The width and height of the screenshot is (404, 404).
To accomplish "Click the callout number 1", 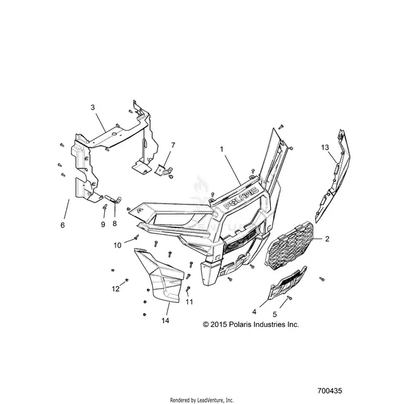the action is pos(222,149).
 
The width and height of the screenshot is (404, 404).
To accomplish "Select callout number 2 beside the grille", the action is pos(327,239).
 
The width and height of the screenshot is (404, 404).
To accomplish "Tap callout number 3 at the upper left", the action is pos(93,107).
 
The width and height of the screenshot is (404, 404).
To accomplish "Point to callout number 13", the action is pos(325,147).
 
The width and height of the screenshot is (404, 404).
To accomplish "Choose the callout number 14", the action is pos(165,321).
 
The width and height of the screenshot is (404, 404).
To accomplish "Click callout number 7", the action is pos(173,145).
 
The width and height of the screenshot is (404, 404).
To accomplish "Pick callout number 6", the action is pos(62,225).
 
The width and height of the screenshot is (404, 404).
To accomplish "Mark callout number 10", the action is pos(117,246).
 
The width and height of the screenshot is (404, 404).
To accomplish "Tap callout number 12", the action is pos(116,289).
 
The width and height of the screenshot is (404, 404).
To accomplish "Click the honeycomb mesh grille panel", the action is pos(290,244).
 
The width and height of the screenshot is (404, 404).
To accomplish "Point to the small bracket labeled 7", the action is pos(163,170).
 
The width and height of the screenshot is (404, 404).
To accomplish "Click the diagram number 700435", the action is pos(330,391).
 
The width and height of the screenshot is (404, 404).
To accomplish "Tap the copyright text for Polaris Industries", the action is pos(251,324).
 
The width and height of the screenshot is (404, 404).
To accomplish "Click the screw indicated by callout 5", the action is pos(290,298).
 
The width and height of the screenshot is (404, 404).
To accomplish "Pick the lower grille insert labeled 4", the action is pos(287,283).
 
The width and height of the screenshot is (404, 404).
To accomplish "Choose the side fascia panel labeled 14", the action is pos(161,275).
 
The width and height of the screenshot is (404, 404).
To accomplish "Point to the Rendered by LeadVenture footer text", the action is pos(202,400).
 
